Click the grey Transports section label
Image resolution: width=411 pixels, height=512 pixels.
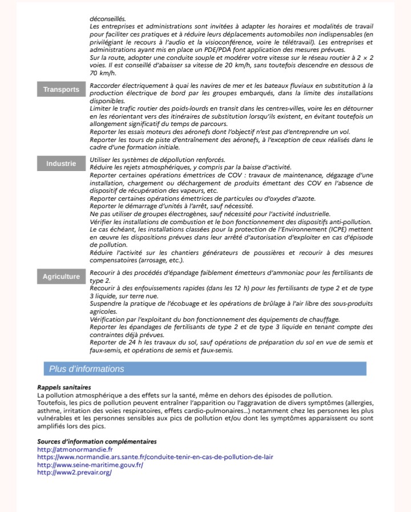61,90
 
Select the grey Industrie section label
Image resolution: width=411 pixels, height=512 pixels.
61,164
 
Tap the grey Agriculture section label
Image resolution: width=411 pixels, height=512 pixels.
61,277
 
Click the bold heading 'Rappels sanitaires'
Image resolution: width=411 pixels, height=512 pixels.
61,387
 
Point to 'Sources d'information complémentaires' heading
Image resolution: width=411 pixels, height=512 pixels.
96,441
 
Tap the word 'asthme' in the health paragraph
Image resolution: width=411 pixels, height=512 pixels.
49,411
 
